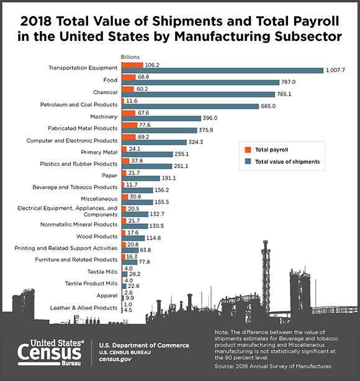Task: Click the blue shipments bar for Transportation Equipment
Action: click(x=223, y=71)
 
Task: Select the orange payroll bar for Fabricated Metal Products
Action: click(x=130, y=125)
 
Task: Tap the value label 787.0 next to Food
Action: click(x=288, y=82)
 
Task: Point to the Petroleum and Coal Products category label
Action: click(x=79, y=104)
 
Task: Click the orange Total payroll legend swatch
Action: click(x=248, y=150)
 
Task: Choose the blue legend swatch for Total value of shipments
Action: click(x=248, y=161)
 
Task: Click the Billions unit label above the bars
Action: click(x=130, y=57)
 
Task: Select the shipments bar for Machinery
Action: click(x=161, y=119)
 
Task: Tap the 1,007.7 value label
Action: click(x=335, y=70)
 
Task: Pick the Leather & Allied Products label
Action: click(x=84, y=308)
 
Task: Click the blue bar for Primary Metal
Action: click(x=147, y=155)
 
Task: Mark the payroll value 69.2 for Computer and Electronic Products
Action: click(x=143, y=137)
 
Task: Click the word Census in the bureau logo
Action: click(x=50, y=353)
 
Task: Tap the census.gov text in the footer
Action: click(x=115, y=359)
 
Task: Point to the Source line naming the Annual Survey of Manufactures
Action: click(x=272, y=366)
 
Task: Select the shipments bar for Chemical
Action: click(x=199, y=94)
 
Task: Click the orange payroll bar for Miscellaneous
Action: click(x=125, y=197)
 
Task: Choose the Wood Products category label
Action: click(x=97, y=236)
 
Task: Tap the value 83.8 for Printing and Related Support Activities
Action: click(x=145, y=250)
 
